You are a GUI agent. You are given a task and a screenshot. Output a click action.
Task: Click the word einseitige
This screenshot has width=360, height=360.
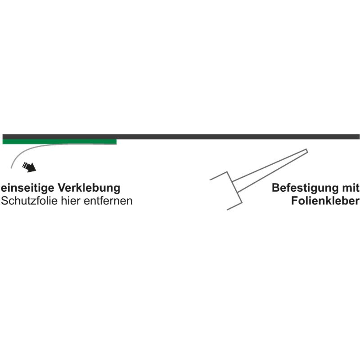28,188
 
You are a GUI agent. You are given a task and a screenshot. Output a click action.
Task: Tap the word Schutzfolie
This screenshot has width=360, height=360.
29,201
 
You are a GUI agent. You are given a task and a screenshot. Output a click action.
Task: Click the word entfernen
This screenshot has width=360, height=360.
108,201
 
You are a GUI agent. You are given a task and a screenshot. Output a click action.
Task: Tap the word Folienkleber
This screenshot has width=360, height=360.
325,201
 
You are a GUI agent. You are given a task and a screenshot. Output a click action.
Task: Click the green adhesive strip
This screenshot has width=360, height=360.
59,142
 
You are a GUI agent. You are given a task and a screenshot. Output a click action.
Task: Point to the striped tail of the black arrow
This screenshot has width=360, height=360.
25,165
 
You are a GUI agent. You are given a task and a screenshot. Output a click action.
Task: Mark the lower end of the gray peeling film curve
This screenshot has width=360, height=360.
11,168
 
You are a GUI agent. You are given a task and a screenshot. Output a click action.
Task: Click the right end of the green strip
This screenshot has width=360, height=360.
117,142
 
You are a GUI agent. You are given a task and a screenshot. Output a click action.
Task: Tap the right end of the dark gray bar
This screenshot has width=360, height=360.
359,137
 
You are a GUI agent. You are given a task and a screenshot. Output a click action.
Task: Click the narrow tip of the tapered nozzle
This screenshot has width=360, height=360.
307,151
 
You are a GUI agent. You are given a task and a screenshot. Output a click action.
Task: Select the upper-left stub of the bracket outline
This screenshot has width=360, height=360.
219,175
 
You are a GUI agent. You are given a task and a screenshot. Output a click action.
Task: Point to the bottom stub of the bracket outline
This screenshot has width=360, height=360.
234,206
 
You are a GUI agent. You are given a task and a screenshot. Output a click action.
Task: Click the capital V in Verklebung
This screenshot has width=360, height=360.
62,188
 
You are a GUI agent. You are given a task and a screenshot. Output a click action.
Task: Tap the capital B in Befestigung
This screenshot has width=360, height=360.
276,188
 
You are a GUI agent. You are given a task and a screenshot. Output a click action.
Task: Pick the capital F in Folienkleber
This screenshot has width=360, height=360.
295,201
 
